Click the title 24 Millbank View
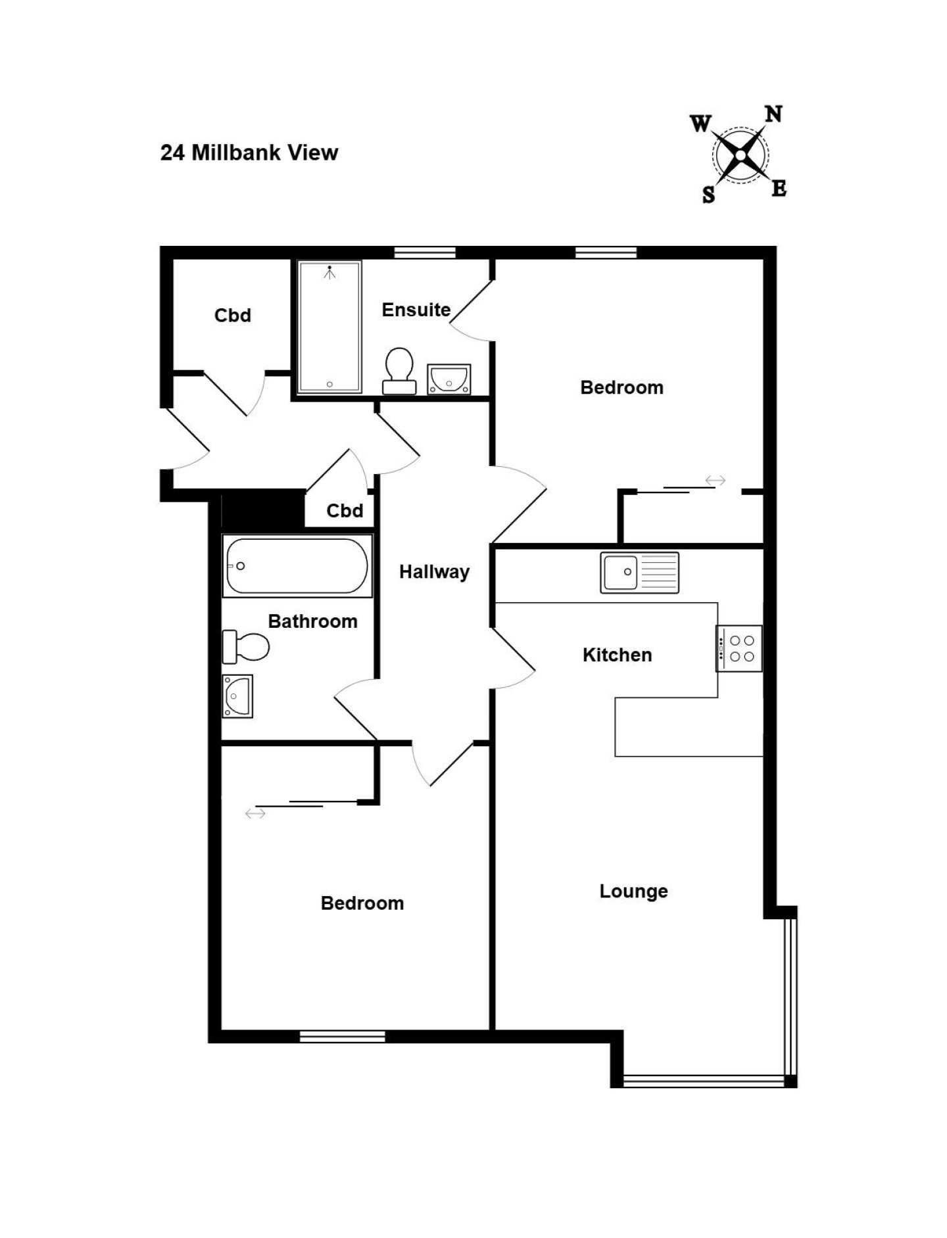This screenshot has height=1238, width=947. click(249, 153)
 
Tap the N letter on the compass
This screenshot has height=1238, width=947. click(773, 114)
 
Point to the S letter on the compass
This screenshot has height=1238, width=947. click(708, 195)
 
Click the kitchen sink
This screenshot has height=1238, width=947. click(639, 573)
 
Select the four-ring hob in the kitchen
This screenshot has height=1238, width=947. click(739, 648)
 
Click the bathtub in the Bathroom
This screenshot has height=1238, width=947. click(297, 566)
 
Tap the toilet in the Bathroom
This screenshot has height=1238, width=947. click(246, 647)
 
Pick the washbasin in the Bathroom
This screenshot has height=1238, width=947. click(237, 696)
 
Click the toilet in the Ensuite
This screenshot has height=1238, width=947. click(399, 371)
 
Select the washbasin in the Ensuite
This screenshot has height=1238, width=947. click(449, 379)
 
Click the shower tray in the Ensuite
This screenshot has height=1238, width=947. click(329, 327)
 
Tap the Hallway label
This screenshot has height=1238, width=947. click(434, 572)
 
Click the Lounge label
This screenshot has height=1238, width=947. click(633, 892)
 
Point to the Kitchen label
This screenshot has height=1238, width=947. click(617, 655)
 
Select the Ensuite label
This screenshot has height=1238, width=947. click(416, 310)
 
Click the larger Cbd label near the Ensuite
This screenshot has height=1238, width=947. click(233, 316)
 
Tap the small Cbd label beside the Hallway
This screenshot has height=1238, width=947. click(345, 511)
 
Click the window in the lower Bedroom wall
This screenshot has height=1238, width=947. click(343, 1037)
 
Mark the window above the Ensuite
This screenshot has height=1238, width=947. click(425, 252)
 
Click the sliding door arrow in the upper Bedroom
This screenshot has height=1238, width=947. click(716, 481)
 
